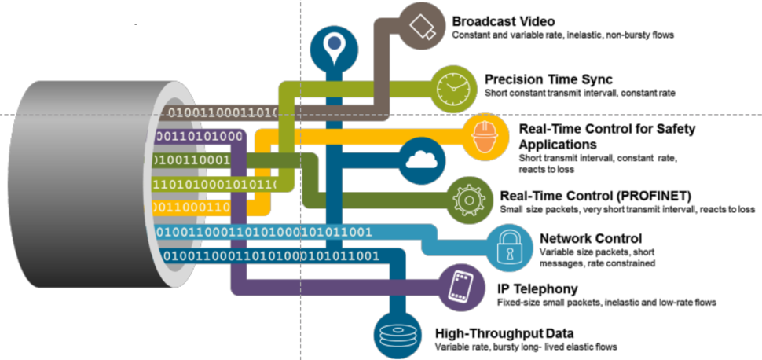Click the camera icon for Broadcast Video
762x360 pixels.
click(x=421, y=26)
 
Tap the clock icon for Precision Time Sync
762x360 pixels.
click(x=452, y=87)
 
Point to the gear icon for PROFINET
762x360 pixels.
click(x=468, y=200)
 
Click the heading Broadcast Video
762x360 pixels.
click(x=504, y=21)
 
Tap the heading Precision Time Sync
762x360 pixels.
click(x=548, y=79)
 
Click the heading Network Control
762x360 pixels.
click(x=591, y=238)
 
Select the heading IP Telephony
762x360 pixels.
click(x=537, y=289)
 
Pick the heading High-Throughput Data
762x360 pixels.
click(x=504, y=334)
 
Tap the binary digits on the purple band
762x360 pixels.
click(x=197, y=137)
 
